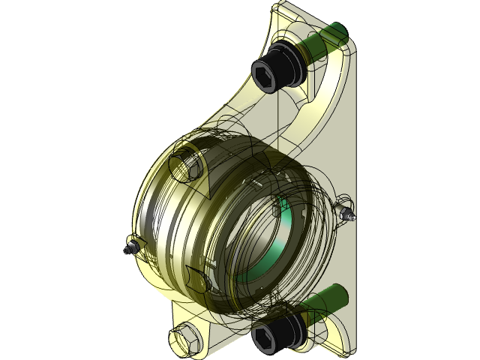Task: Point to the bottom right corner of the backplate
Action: pos(352,352)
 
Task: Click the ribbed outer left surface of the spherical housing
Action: pos(154,217)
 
